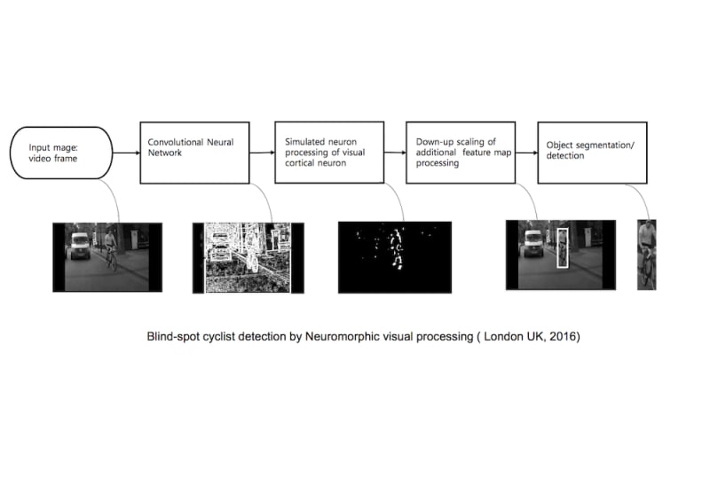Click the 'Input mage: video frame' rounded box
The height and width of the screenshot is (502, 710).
(x=60, y=153)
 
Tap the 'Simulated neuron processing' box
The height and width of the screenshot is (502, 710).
(x=329, y=153)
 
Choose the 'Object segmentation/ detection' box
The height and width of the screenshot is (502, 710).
(x=591, y=153)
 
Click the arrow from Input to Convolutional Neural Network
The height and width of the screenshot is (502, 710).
(x=127, y=153)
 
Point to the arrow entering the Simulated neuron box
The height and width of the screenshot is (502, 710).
(x=262, y=153)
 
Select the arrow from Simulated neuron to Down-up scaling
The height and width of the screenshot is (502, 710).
(x=394, y=153)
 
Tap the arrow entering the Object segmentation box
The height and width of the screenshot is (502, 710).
(x=526, y=153)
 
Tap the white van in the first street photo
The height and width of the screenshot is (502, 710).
(x=79, y=246)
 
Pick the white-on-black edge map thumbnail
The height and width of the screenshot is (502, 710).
(x=248, y=257)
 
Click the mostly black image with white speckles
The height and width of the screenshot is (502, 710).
(x=394, y=256)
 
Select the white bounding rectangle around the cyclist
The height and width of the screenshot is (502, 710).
(x=562, y=248)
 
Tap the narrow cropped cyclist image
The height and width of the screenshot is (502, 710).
(x=647, y=255)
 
